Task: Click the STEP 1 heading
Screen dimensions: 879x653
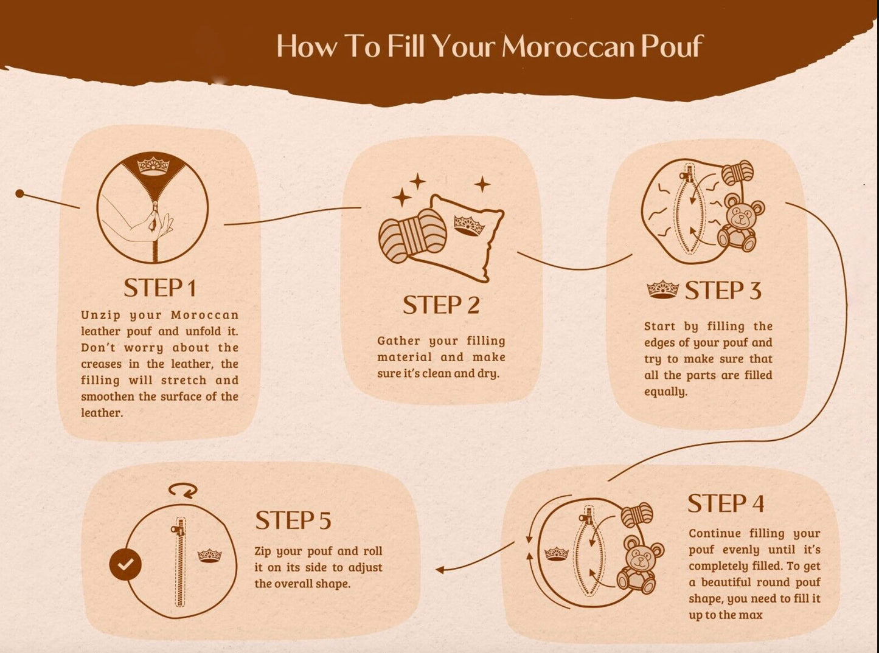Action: tap(160, 288)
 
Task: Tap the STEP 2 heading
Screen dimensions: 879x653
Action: tap(441, 305)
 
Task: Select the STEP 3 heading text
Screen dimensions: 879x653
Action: tap(723, 291)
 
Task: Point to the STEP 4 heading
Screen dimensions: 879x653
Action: tap(726, 503)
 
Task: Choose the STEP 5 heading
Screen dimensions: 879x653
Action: tap(293, 520)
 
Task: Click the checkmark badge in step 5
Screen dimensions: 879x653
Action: tap(125, 564)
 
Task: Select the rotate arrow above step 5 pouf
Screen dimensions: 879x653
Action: tap(183, 490)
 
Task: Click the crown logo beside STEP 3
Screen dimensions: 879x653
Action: tap(662, 289)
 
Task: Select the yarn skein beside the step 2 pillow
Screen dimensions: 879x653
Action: tap(413, 236)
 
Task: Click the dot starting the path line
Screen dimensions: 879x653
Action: tap(20, 194)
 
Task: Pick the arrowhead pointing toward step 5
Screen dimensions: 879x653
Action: tap(440, 570)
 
